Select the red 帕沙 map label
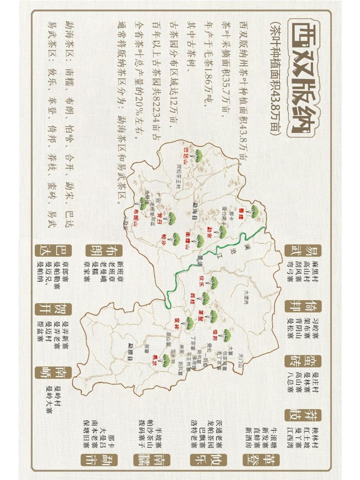coord(163,238)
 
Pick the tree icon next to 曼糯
coord(255,211)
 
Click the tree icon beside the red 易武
coord(164,360)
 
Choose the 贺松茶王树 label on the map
coord(179,177)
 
